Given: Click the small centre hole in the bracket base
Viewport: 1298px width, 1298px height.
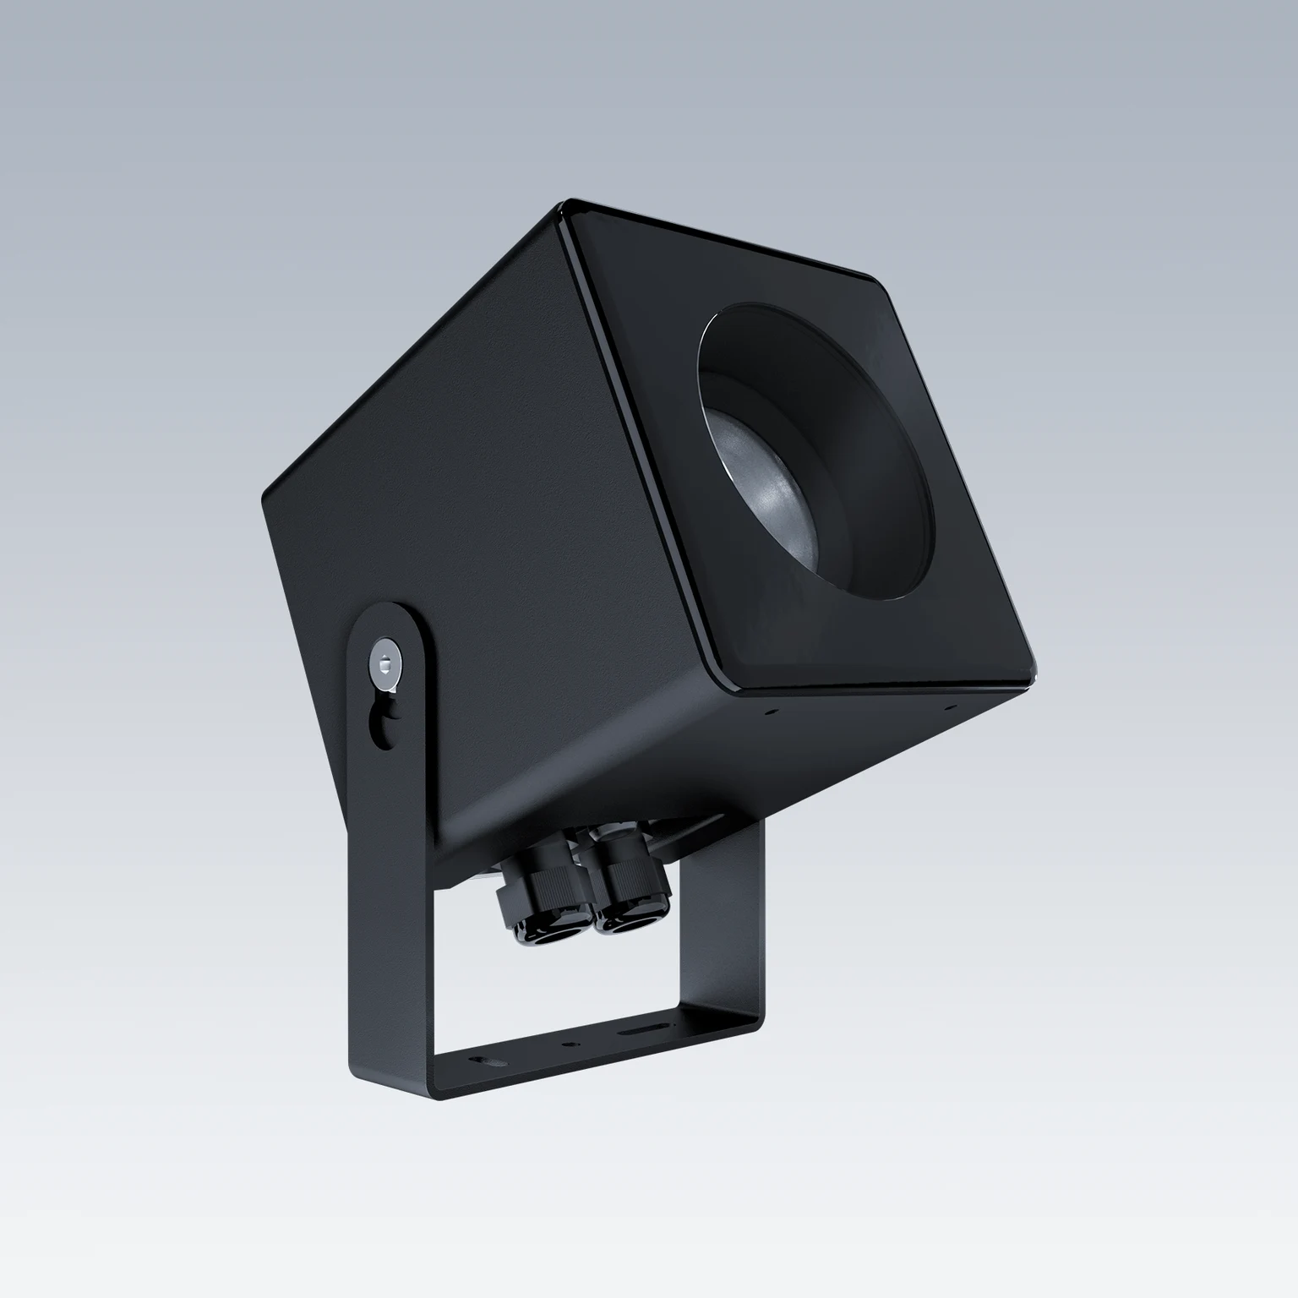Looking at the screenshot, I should (565, 1044).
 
